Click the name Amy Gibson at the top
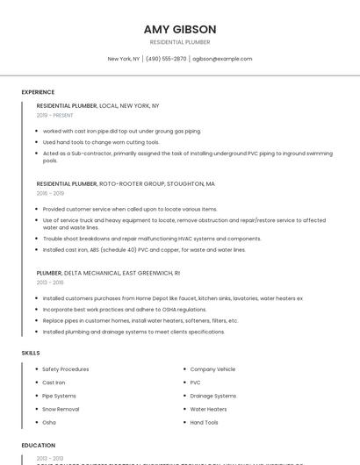(180, 29)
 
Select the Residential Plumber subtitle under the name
(180, 42)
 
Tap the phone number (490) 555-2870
(166, 59)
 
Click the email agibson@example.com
(222, 59)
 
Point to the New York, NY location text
(124, 59)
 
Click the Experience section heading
(38, 92)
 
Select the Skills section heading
(31, 353)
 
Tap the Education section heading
(39, 445)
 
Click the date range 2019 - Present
(54, 115)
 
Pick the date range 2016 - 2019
(50, 193)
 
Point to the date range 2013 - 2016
(50, 283)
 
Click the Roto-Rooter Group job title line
(126, 184)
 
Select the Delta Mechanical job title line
(108, 273)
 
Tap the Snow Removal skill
(61, 409)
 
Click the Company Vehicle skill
(212, 369)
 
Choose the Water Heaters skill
(208, 409)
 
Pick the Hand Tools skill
(205, 422)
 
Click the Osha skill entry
(49, 422)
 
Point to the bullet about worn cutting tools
(101, 142)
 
